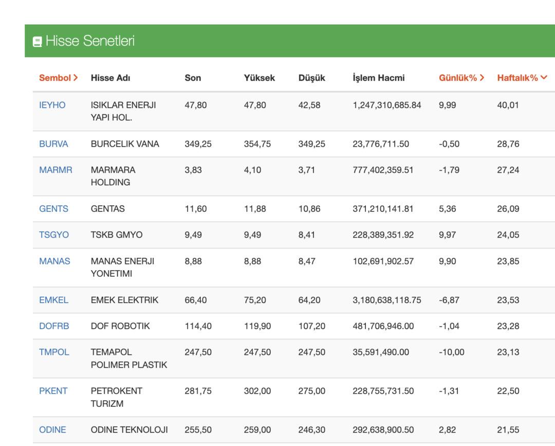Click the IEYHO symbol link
tap(52, 105)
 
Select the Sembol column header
tap(58, 78)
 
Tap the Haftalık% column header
tap(522, 78)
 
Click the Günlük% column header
tap(461, 78)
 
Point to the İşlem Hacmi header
tap(378, 78)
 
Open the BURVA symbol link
tap(53, 144)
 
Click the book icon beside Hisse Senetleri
tap(37, 42)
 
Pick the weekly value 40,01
tap(508, 105)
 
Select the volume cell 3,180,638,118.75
tap(386, 300)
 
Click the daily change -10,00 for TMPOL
tap(451, 352)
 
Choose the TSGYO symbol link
tap(54, 235)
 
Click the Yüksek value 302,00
tap(257, 391)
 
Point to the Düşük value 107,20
tap(311, 326)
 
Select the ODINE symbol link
tap(52, 430)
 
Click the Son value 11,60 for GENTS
tap(195, 209)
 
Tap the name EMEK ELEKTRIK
tap(124, 300)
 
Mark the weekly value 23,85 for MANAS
tap(508, 261)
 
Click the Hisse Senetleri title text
tap(90, 41)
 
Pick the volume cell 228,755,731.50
tap(383, 391)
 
